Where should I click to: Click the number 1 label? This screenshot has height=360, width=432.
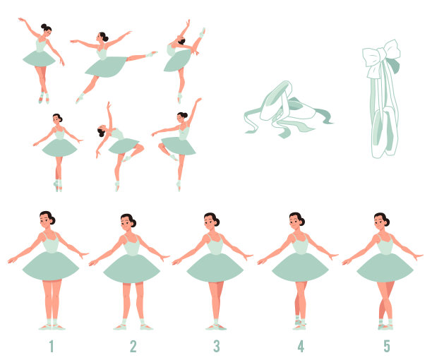tap(52, 346)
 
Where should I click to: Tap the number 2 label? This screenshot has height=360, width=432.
tap(133, 346)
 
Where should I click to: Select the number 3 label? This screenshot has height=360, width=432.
tap(217, 346)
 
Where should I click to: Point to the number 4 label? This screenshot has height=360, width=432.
tap(301, 346)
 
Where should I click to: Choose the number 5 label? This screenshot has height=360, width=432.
tap(387, 346)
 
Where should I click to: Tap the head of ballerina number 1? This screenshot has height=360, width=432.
tap(47, 220)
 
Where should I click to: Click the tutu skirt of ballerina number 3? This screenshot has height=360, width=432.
tap(215, 268)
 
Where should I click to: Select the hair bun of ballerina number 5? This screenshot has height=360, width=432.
tap(387, 222)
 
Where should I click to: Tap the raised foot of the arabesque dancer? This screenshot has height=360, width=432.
tap(151, 54)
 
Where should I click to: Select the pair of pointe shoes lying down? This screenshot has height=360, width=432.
tap(288, 109)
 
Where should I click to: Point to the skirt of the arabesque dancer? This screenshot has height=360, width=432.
tap(106, 66)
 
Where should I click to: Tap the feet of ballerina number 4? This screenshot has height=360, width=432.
tap(300, 324)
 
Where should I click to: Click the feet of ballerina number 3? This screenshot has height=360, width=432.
tap(216, 327)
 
